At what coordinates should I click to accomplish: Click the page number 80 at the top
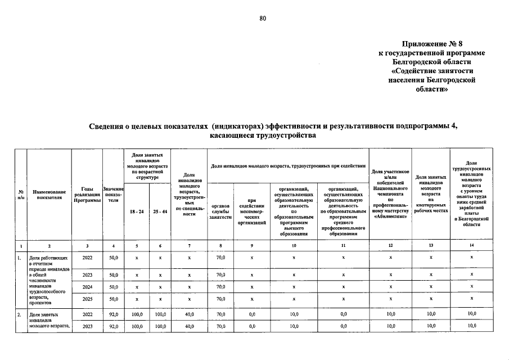click(262, 19)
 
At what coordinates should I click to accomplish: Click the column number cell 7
click(190, 245)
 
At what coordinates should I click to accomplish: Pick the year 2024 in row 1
click(87, 286)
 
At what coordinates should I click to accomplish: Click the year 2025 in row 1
click(87, 299)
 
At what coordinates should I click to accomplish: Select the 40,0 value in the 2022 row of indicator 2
click(190, 314)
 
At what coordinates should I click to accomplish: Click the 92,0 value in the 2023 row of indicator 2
click(114, 326)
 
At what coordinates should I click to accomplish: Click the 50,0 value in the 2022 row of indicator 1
click(114, 258)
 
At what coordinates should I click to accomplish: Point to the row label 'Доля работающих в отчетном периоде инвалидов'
click(48, 264)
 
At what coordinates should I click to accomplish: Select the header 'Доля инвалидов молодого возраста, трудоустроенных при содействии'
click(288, 166)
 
